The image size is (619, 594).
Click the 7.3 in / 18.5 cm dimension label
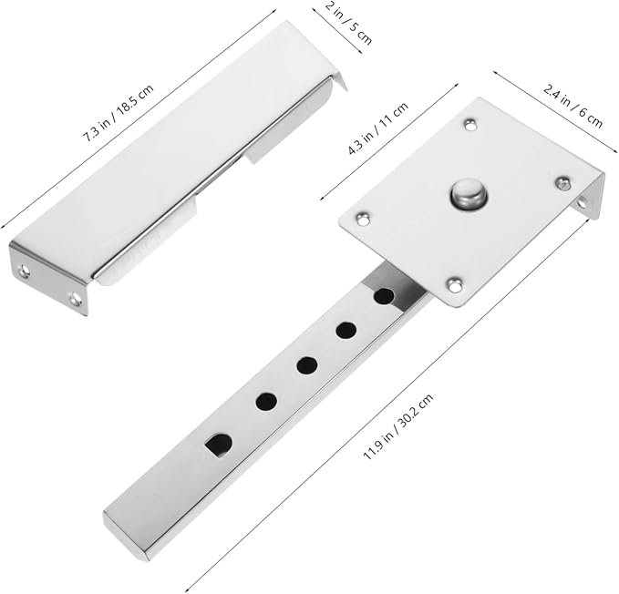[x=118, y=113]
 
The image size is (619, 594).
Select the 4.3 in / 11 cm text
[x=377, y=128]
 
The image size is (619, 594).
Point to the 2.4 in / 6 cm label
[x=573, y=106]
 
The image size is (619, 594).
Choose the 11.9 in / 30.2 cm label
[x=397, y=426]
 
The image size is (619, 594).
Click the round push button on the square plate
[x=469, y=193]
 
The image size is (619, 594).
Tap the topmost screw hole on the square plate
[x=469, y=125]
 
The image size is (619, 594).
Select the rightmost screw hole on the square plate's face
[x=562, y=183]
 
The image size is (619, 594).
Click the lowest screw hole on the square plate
[x=454, y=284]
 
